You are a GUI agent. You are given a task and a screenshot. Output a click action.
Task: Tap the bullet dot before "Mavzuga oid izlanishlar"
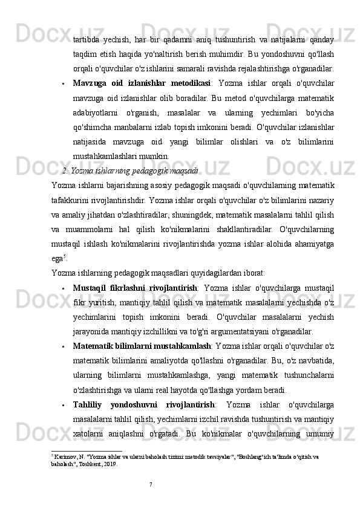click(x=64, y=83)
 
